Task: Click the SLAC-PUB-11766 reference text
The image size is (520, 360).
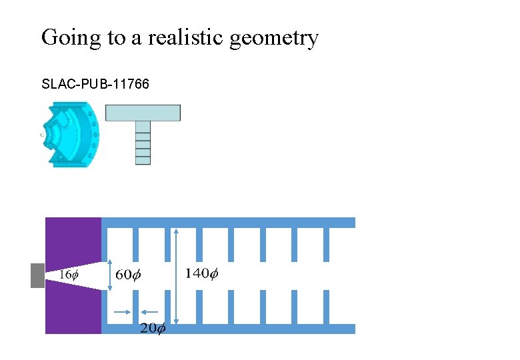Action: pyautogui.click(x=95, y=85)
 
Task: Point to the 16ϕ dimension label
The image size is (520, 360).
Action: pyautogui.click(x=69, y=275)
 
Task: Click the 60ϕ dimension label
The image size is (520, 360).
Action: pyautogui.click(x=129, y=275)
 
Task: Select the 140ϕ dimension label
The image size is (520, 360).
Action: pyautogui.click(x=201, y=274)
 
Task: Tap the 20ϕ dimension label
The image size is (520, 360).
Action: pyautogui.click(x=153, y=329)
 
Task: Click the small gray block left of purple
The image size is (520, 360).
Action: pyautogui.click(x=37, y=275)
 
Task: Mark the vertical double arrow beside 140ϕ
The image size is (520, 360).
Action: pyautogui.click(x=176, y=275)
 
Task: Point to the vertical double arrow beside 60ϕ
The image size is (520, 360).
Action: pyautogui.click(x=110, y=275)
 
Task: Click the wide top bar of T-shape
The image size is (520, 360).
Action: pyautogui.click(x=143, y=113)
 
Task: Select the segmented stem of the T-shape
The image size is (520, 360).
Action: pyautogui.click(x=143, y=143)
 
